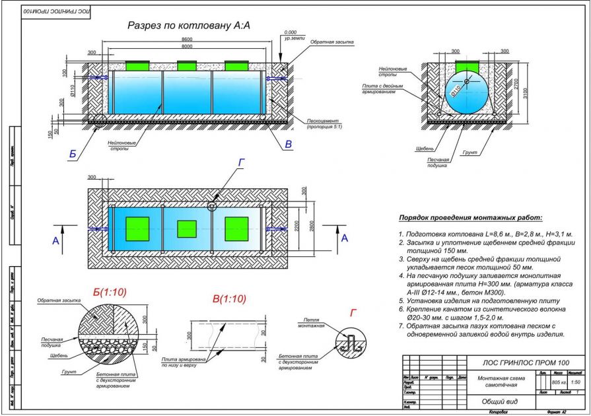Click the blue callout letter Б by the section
73,154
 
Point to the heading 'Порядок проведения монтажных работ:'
469,218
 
